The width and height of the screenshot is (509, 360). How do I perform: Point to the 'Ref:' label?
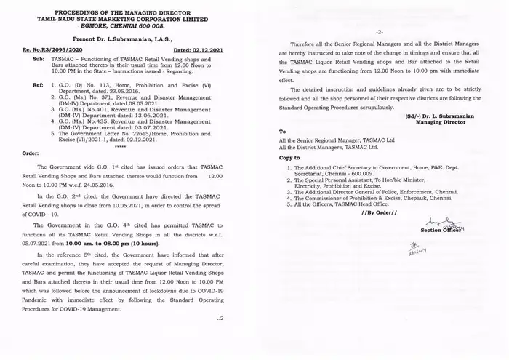pyautogui.click(x=37, y=85)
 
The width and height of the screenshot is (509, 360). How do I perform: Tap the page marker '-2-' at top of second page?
pyautogui.click(x=380, y=32)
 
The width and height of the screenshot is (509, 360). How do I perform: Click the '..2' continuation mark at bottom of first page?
pyautogui.click(x=220, y=318)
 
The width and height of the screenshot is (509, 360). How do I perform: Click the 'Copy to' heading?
pyautogui.click(x=291, y=157)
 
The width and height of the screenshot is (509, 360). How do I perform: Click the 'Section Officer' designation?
pyautogui.click(x=441, y=230)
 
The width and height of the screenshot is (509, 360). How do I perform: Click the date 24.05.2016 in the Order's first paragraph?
pyautogui.click(x=124, y=185)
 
